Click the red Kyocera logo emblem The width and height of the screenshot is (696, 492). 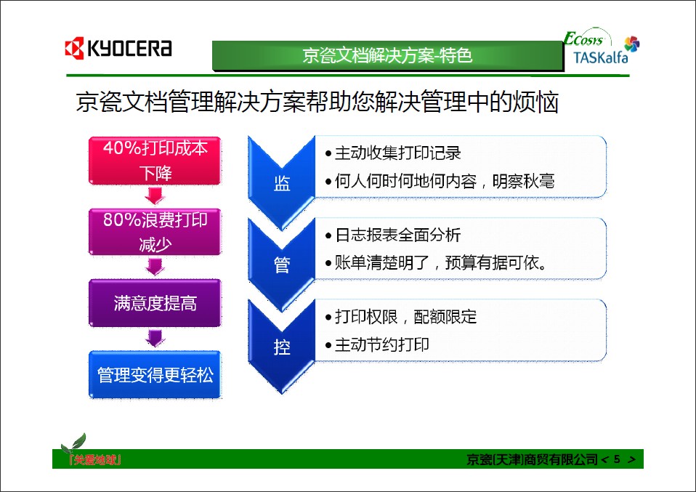74,48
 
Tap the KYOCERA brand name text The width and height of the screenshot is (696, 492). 129,48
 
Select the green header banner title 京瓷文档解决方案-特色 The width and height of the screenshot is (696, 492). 387,55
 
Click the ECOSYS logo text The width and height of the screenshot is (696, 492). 583,39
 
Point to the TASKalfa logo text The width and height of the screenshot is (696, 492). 600,57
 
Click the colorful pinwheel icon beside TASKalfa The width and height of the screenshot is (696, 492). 631,44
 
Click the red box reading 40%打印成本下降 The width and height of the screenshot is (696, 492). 155,161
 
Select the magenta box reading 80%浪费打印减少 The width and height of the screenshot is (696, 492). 155,232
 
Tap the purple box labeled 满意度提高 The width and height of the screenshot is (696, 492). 155,303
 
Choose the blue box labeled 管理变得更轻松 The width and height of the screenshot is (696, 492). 155,375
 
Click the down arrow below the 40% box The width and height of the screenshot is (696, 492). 155,195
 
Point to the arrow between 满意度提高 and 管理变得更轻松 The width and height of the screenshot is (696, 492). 155,338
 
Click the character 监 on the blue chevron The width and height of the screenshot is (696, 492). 282,183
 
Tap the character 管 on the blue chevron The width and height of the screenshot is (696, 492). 282,265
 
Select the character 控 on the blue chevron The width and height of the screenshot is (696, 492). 282,347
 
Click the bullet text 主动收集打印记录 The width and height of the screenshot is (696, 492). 397,153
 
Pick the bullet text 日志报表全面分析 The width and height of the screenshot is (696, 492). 397,235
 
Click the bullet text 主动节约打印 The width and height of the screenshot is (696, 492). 381,344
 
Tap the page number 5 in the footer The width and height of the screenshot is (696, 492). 617,459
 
